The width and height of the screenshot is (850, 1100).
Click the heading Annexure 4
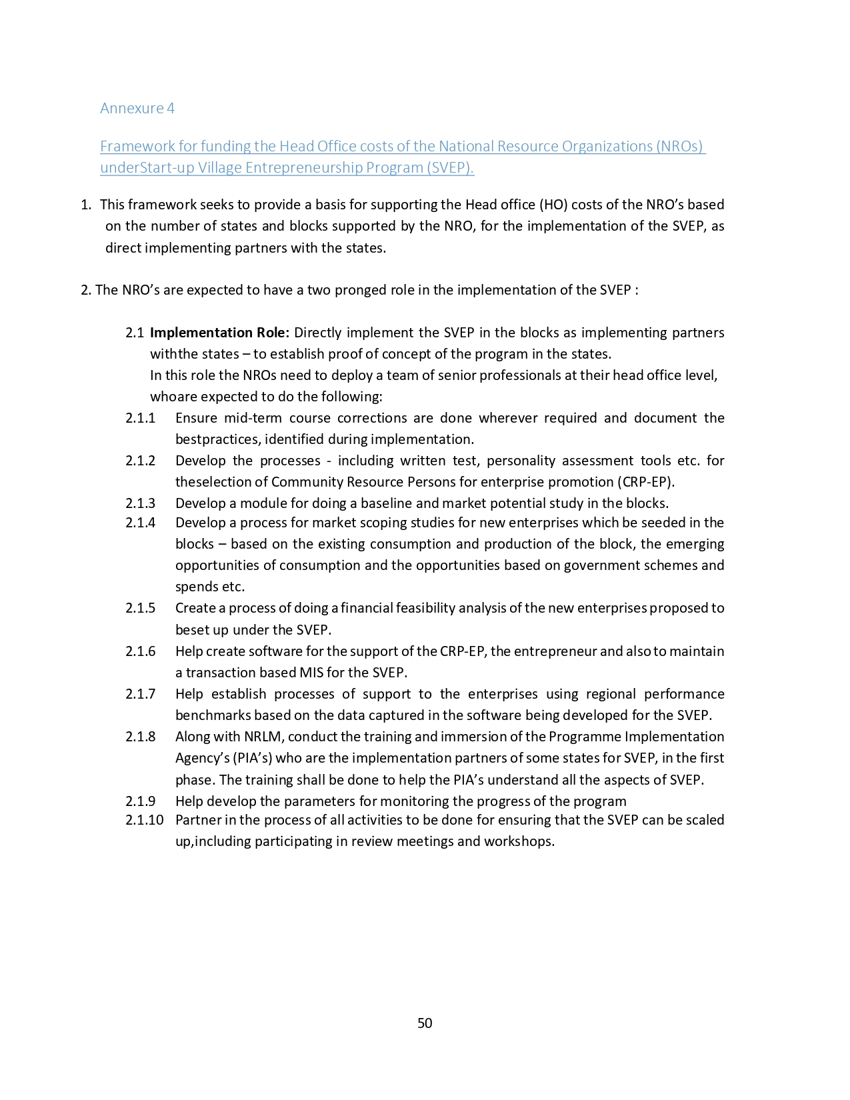[x=137, y=108]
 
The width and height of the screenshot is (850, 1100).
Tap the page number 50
[x=425, y=1023]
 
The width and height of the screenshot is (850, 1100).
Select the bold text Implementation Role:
[x=219, y=333]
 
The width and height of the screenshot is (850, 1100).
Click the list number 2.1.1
[x=140, y=418]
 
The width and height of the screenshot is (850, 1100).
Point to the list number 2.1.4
[x=140, y=523]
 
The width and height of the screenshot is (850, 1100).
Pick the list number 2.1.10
[x=144, y=820]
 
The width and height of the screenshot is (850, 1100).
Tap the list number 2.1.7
[x=140, y=694]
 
